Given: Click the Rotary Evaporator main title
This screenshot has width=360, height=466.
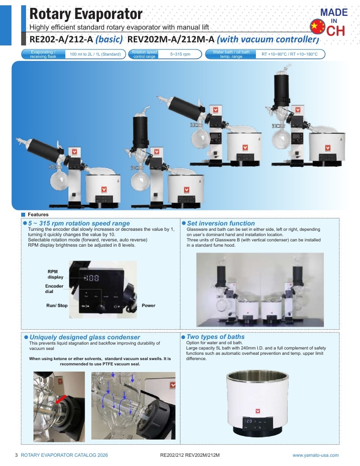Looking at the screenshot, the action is pyautogui.click(x=86, y=14).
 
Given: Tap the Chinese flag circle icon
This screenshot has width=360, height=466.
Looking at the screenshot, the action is pyautogui.click(x=318, y=26).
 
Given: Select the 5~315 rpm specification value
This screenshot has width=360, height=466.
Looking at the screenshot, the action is pyautogui.click(x=180, y=54).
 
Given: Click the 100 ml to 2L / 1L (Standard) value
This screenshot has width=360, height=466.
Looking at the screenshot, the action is pyautogui.click(x=95, y=54).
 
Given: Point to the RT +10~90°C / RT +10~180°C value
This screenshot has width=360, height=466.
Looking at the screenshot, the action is pyautogui.click(x=289, y=54).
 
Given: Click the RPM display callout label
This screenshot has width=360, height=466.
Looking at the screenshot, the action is pyautogui.click(x=55, y=274).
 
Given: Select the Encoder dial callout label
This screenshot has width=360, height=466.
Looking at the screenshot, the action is pyautogui.click(x=54, y=289).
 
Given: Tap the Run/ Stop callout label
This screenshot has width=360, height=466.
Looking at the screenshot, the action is pyautogui.click(x=57, y=305).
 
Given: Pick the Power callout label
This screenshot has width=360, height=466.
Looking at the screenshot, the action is pyautogui.click(x=149, y=305).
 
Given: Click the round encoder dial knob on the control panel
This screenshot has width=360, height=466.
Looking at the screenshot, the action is pyautogui.click(x=101, y=308).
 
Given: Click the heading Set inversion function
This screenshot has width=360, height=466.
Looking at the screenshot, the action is pyautogui.click(x=221, y=223).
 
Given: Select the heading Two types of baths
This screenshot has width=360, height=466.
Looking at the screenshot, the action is pyautogui.click(x=215, y=337).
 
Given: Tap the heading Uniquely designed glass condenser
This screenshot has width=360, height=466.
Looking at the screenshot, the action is pyautogui.click(x=85, y=337).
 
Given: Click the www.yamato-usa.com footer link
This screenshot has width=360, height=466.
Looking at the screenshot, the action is pyautogui.click(x=315, y=455).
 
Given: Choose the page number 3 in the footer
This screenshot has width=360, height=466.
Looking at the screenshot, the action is pyautogui.click(x=16, y=455).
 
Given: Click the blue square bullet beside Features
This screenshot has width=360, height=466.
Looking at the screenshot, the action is pyautogui.click(x=23, y=214).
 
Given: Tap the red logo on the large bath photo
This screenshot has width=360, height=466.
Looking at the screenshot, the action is pyautogui.click(x=258, y=411).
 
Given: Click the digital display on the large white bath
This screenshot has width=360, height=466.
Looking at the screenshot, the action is pyautogui.click(x=248, y=421).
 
